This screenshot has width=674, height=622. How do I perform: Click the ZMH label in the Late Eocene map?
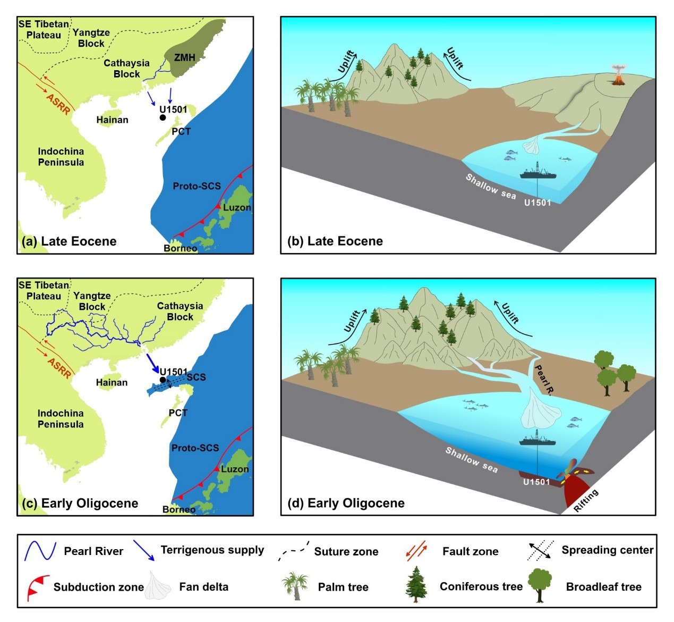[184, 57]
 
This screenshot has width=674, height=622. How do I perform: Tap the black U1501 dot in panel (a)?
[163, 117]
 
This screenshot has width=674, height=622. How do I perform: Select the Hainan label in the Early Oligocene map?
[112, 382]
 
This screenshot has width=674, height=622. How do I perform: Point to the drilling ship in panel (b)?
[538, 172]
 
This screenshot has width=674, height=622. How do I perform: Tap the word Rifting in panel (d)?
[586, 500]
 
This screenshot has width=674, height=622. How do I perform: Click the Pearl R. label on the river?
[544, 380]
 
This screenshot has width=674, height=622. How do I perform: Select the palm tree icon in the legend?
[295, 586]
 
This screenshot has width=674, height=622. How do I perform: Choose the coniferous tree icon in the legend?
[416, 584]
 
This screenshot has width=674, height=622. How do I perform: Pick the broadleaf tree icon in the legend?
[541, 584]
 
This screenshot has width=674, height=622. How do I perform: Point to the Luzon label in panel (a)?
[237, 207]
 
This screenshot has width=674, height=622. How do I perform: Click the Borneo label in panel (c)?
[179, 509]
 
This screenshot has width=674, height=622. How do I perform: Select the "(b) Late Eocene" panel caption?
[335, 241]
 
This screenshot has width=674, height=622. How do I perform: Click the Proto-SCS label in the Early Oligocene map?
[195, 448]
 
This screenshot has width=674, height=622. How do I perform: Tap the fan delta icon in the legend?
[158, 586]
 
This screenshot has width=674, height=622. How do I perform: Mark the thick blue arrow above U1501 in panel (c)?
[153, 364]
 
